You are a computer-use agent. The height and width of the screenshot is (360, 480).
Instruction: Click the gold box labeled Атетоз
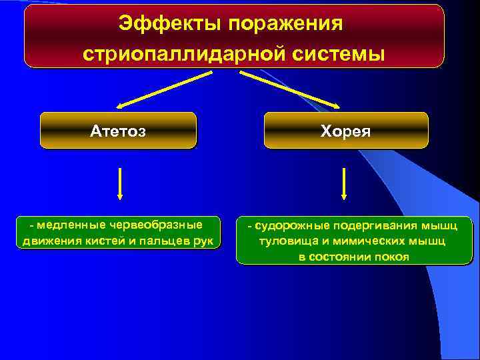(x=118, y=130)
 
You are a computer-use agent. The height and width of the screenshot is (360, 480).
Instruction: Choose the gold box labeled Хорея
(x=345, y=130)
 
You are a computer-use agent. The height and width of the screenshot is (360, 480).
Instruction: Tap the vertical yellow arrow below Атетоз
(x=119, y=183)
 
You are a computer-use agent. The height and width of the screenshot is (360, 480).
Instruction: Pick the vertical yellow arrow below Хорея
(x=344, y=183)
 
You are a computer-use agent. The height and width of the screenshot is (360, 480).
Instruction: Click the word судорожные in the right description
(x=287, y=227)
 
